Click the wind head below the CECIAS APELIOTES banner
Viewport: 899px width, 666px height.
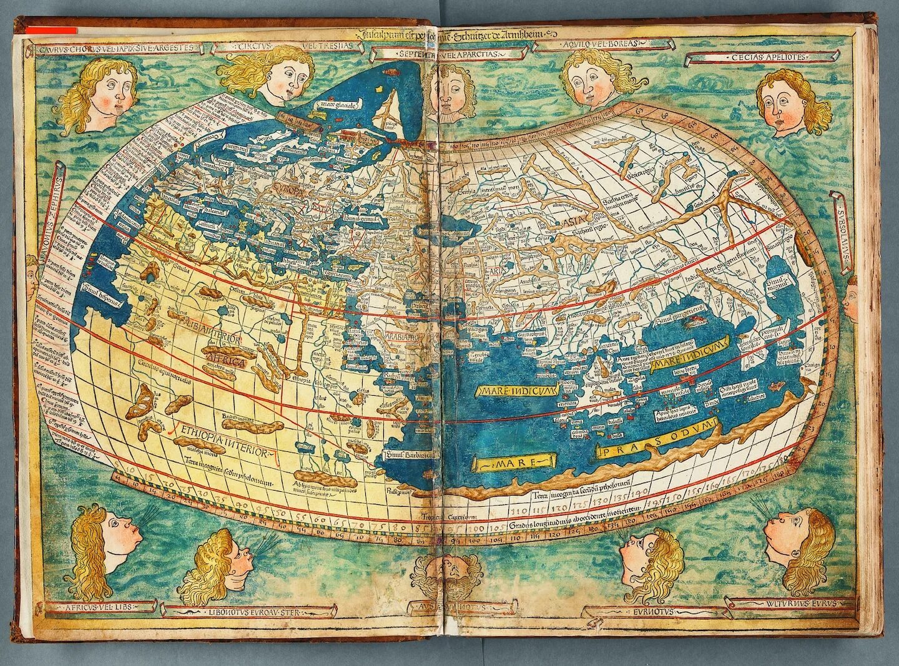click(x=790, y=103)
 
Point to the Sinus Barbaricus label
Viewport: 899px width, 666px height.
click(x=409, y=456)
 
